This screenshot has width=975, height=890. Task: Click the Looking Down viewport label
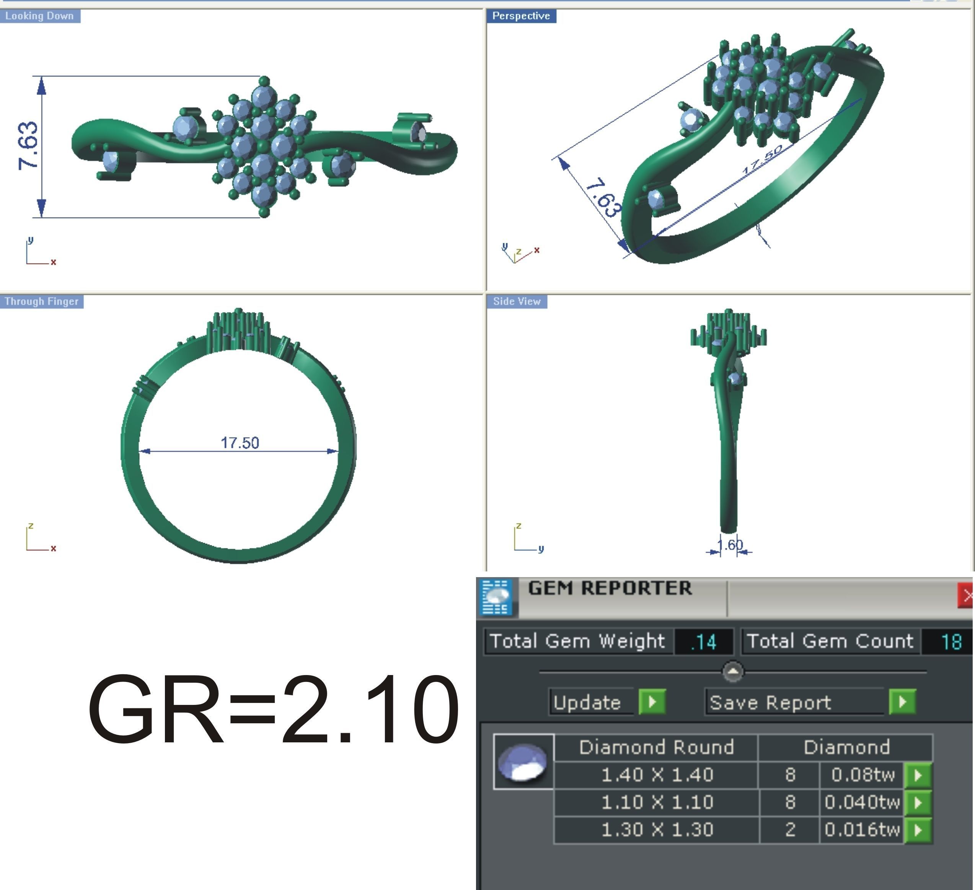[40, 16]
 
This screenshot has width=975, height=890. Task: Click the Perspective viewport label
[521, 16]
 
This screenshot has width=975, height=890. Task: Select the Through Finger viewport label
[42, 302]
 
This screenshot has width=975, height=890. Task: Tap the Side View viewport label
[517, 302]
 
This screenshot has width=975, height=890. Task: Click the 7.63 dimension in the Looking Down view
[28, 145]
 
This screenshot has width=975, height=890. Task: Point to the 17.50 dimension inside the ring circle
[240, 443]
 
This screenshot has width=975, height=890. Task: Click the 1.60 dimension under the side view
[730, 545]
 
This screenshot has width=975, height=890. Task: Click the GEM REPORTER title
[609, 588]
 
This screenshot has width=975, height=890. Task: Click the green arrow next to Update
[652, 701]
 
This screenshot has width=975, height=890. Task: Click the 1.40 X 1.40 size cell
[657, 775]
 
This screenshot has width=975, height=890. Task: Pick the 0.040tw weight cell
[861, 802]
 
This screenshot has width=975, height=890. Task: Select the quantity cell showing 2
[790, 830]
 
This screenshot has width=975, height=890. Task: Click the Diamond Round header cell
[656, 747]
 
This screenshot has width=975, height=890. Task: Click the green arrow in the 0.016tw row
[918, 830]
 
